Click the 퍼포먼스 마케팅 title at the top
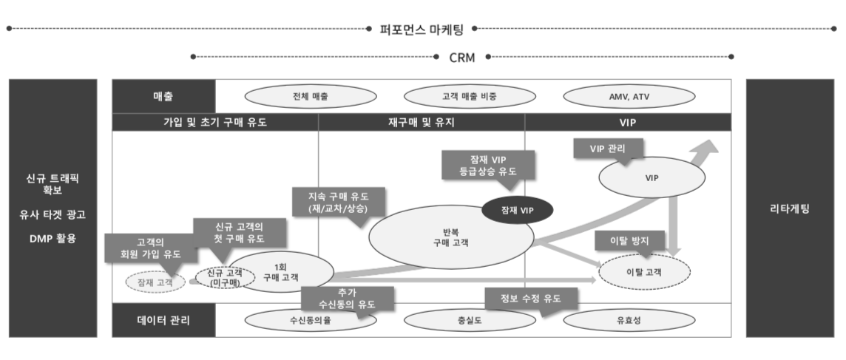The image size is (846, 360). coord(422,29)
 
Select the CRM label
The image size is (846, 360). coord(462,57)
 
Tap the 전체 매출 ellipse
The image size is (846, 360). coord(311,97)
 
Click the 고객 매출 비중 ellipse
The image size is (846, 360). coord(470,97)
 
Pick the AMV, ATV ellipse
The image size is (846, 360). coord(629,97)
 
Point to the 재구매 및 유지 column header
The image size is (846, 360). coord(422,123)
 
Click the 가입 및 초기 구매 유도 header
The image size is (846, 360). coord(214,123)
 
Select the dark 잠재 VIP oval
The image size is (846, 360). coord(517,211)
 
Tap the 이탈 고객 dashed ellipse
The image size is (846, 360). coord(644,272)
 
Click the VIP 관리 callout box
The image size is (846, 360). coord(608,149)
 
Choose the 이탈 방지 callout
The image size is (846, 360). coord(629,241)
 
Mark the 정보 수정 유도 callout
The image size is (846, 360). coord(530,299)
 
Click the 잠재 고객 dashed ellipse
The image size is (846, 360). coord(155,282)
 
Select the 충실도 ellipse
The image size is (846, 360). coord(470,321)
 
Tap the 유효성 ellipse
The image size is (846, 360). coord(629,321)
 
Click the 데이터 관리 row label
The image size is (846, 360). coord(163,321)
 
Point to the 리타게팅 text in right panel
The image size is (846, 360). coord(789,209)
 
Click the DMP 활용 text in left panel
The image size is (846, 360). coord(53,238)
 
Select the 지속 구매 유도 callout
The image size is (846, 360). coord(338,202)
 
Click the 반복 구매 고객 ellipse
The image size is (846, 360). coord(451,237)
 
